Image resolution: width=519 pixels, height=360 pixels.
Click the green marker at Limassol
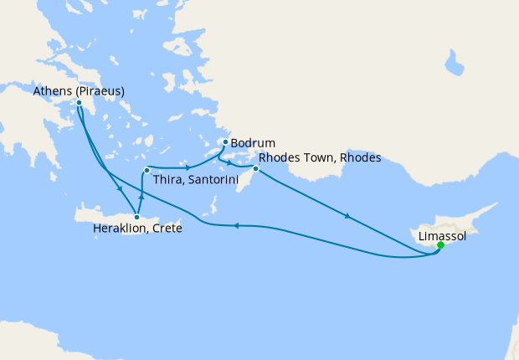(440, 245)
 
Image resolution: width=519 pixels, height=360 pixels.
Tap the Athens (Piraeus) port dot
(79, 103)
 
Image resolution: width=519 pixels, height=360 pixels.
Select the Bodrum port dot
(225, 142)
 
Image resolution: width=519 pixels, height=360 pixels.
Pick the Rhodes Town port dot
(256, 170)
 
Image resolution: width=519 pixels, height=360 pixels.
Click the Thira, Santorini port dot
(146, 171)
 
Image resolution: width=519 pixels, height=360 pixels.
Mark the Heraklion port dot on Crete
(137, 217)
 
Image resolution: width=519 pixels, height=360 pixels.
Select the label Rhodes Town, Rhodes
(320, 157)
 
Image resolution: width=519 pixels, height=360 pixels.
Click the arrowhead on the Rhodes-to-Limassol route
(347, 218)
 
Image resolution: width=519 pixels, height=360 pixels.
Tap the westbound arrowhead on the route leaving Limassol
(236, 224)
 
